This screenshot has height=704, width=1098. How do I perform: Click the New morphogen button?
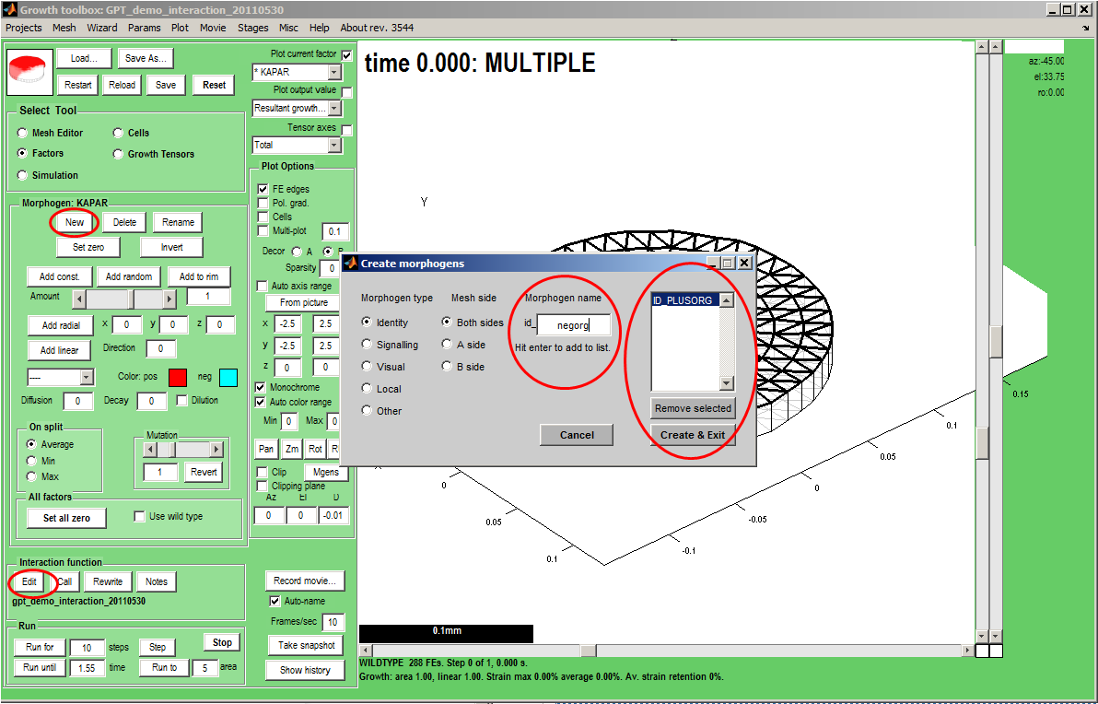75,222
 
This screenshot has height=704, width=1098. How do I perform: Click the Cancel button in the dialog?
577,435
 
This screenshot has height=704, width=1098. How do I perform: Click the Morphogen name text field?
574,325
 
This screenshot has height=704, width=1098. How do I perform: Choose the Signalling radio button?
367,345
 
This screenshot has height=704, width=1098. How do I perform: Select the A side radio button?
447,345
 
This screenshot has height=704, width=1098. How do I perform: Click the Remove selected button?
693,408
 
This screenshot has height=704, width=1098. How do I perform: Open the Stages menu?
252,28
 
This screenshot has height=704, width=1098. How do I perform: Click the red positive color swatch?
178,377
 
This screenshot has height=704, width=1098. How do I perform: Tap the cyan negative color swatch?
228,377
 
